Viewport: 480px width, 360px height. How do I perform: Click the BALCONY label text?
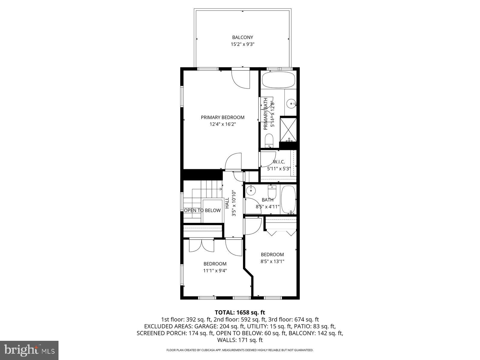click(x=242, y=37)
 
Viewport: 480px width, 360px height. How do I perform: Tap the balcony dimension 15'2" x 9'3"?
click(x=242, y=44)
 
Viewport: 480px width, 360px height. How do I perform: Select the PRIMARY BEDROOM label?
click(x=223, y=117)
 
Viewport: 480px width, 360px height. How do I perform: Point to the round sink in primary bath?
click(x=291, y=104)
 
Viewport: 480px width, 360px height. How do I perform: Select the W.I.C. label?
click(x=279, y=162)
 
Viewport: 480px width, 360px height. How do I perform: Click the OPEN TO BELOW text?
click(x=202, y=210)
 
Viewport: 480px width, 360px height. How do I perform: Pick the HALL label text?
click(x=227, y=203)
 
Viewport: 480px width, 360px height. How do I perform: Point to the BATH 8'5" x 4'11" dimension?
click(x=268, y=207)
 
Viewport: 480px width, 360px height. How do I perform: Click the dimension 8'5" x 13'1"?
click(x=272, y=261)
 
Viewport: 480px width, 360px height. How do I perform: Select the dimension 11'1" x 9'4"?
click(x=215, y=271)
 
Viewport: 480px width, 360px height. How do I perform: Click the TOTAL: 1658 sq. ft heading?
click(x=240, y=313)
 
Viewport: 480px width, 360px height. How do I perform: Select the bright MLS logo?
click(x=29, y=350)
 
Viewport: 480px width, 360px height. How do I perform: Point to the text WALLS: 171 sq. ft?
click(x=240, y=340)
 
